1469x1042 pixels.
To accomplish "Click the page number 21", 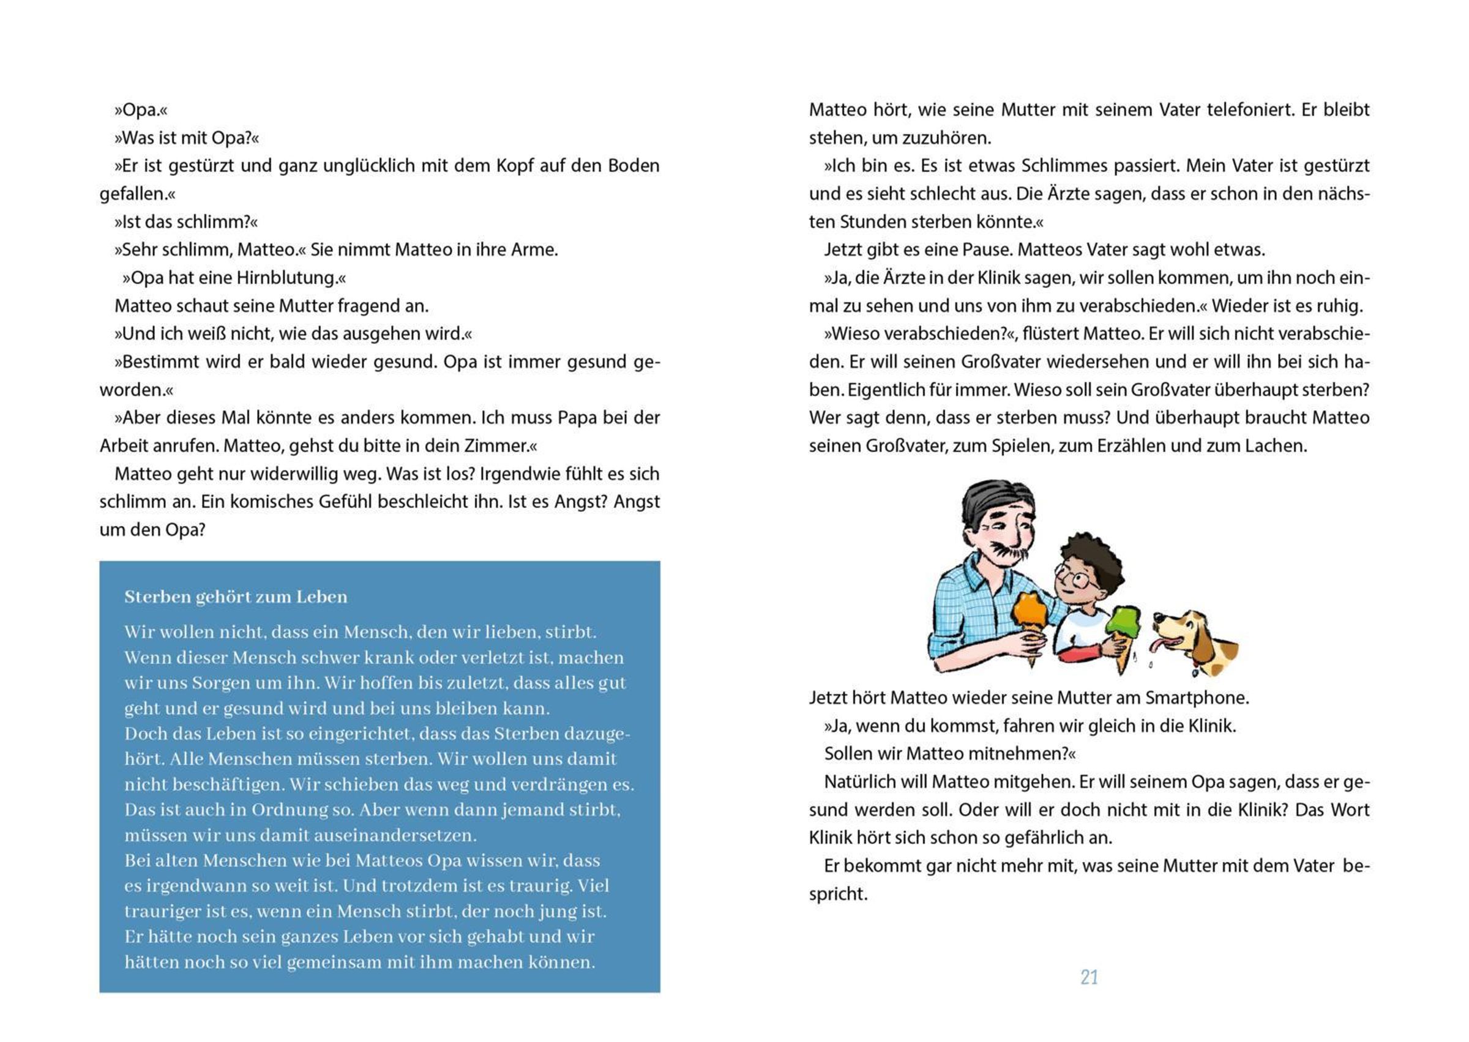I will point(1089,977).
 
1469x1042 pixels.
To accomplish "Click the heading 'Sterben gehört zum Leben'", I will point(236,597).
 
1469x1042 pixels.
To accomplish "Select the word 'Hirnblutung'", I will point(287,278).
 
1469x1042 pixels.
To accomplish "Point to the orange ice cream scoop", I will point(1030,612).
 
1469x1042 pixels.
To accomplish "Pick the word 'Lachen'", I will point(1274,446).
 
